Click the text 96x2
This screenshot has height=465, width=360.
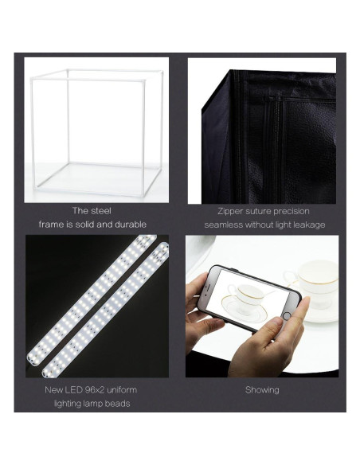click(x=95, y=391)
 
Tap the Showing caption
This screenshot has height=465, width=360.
click(x=261, y=390)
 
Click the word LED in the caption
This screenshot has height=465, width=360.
click(x=70, y=391)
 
